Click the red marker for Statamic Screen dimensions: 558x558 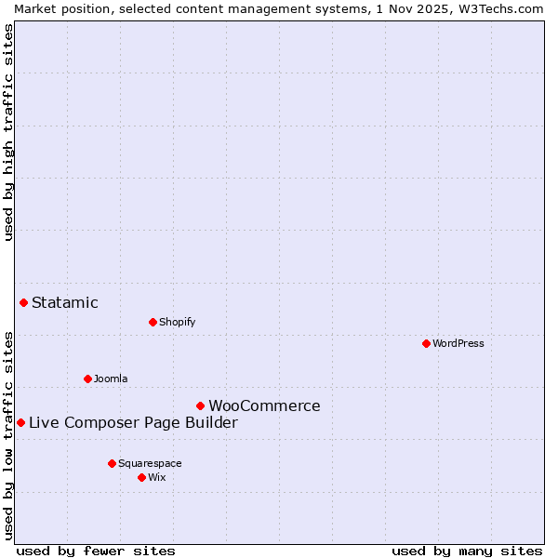pos(23,302)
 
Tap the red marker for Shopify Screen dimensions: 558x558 pos(153,322)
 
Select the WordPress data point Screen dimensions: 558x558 pos(426,343)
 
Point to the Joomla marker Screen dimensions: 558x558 pos(87,379)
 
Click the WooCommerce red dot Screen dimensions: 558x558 pos(200,405)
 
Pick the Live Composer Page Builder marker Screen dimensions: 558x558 pos(20,422)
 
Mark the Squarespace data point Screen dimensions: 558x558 pos(112,463)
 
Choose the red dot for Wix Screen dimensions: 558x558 pos(141,477)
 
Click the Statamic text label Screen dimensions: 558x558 pos(65,302)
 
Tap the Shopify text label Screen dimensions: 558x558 pos(177,322)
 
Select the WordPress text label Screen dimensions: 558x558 pos(458,343)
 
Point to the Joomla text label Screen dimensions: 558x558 pos(111,379)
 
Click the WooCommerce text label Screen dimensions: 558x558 pos(264,405)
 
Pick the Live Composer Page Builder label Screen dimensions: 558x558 pos(133,423)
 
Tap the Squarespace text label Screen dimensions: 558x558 pos(150,463)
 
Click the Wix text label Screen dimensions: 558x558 pos(157,477)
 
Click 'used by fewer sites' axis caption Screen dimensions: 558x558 pos(96,551)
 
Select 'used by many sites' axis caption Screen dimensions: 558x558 pos(467,551)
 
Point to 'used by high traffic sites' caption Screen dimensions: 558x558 pos(8,132)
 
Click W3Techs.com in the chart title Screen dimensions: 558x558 pos(498,8)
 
